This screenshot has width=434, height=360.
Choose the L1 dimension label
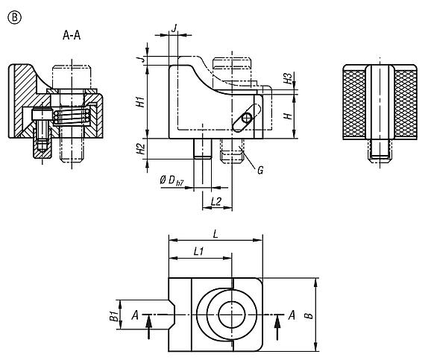click(199, 252)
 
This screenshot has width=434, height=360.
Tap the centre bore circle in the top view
click(230, 314)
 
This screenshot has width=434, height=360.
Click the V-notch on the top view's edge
click(173, 314)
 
